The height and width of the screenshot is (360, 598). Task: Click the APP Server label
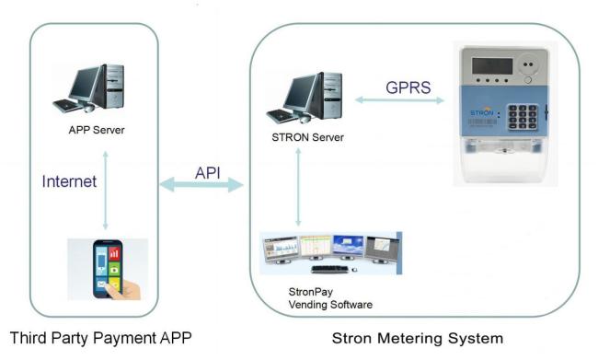coord(97,130)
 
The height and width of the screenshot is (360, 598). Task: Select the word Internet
coord(69,182)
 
